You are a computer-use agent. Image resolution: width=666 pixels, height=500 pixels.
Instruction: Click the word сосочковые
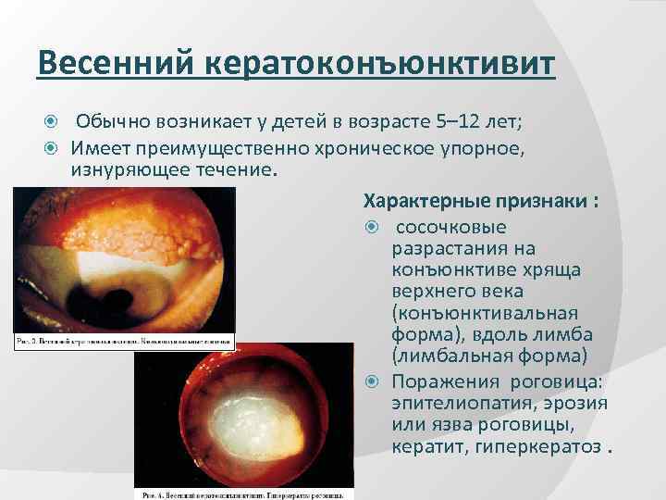click(x=445, y=227)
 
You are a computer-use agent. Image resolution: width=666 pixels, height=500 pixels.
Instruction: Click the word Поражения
click(x=437, y=382)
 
